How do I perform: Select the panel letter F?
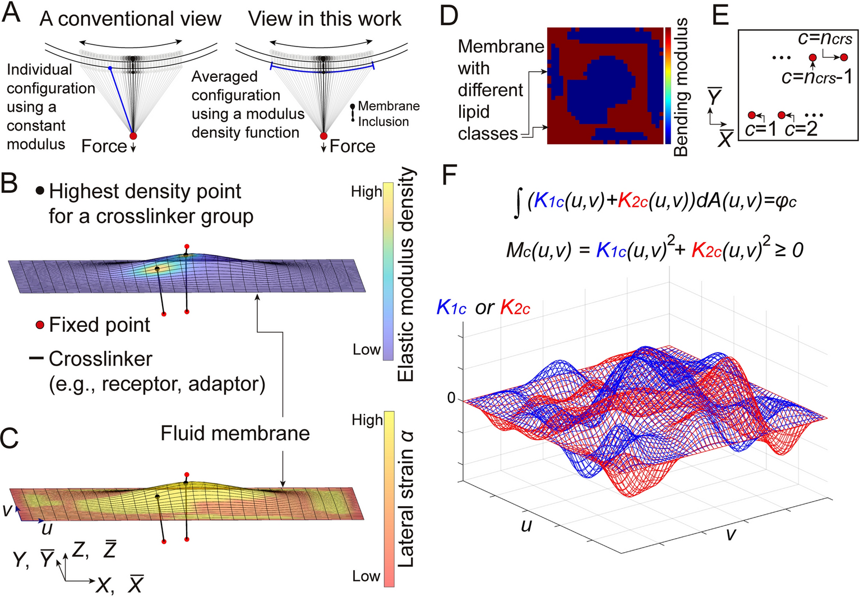pyautogui.click(x=450, y=175)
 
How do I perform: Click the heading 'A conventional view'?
pyautogui.click(x=130, y=19)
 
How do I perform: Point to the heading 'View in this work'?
pyautogui.click(x=325, y=19)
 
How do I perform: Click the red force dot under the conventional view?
pyautogui.click(x=133, y=136)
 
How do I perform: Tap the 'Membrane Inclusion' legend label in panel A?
pyautogui.click(x=388, y=114)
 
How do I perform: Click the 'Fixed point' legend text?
pyautogui.click(x=99, y=325)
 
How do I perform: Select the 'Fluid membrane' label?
pyautogui.click(x=235, y=433)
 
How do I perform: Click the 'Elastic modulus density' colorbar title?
pyautogui.click(x=405, y=275)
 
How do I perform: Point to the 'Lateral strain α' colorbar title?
pyautogui.click(x=405, y=499)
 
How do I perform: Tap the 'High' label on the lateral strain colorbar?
pyautogui.click(x=367, y=420)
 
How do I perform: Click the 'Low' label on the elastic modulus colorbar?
pyautogui.click(x=367, y=350)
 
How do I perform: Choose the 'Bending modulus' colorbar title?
pyautogui.click(x=681, y=87)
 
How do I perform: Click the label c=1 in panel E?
pyautogui.click(x=761, y=129)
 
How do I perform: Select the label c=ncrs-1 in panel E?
pyautogui.click(x=816, y=76)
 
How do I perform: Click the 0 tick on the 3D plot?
pyautogui.click(x=451, y=399)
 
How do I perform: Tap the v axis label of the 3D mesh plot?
pyautogui.click(x=730, y=534)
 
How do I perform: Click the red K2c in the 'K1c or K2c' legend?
pyautogui.click(x=515, y=307)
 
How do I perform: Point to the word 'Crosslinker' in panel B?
pyautogui.click(x=100, y=359)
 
